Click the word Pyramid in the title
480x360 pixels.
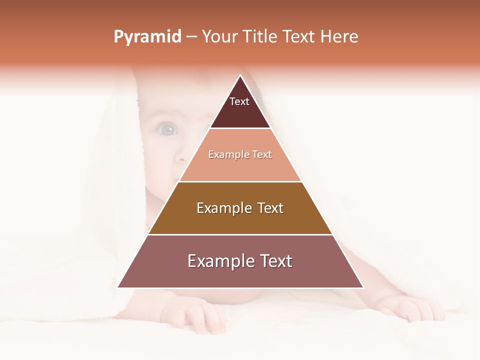(x=147, y=37)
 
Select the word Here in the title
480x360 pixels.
(x=339, y=37)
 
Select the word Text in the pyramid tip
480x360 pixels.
(x=239, y=101)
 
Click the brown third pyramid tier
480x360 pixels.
(x=240, y=222)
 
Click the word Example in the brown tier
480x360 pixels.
(x=223, y=208)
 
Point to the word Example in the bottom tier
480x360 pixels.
(x=219, y=261)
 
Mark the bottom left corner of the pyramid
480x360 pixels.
(x=118, y=287)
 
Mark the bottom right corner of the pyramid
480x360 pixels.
(x=363, y=287)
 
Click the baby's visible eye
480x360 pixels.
(x=167, y=130)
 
